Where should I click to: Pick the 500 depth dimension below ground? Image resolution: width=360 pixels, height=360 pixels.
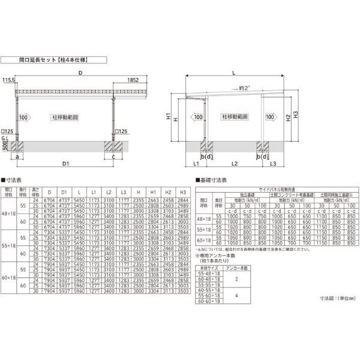[x=5, y=147]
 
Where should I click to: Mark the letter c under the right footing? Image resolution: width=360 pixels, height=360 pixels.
[x=113, y=157]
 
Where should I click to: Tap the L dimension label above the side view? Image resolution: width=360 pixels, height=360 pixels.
[x=233, y=73]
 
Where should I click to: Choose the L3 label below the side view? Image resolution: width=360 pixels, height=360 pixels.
[x=273, y=163]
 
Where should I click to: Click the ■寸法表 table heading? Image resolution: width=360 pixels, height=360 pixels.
[x=15, y=179]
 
